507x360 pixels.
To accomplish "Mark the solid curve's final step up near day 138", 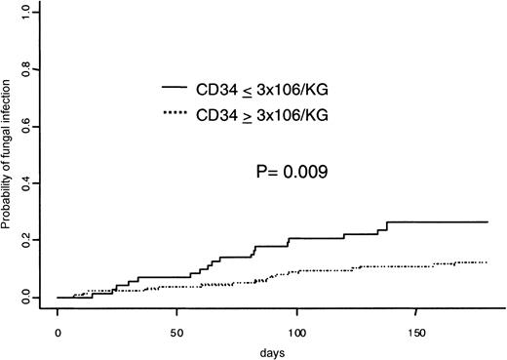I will [387, 226].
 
